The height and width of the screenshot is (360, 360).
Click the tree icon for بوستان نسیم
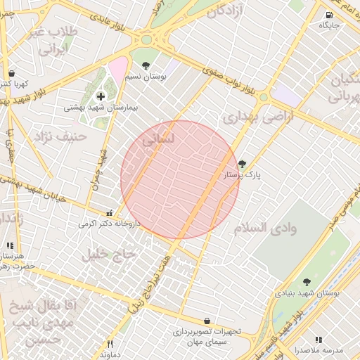(146, 65)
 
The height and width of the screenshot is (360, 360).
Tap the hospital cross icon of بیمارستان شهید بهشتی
(101, 96)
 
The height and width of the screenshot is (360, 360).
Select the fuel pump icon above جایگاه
(329, 15)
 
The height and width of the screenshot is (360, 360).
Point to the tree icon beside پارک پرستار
(243, 163)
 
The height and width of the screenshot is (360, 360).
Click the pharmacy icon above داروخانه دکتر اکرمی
(108, 213)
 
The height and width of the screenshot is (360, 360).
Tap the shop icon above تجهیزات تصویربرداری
(207, 320)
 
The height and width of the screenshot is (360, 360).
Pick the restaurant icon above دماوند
(109, 345)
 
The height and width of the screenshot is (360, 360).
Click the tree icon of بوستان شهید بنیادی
(306, 282)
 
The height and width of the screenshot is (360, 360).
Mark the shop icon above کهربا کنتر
(11, 73)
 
